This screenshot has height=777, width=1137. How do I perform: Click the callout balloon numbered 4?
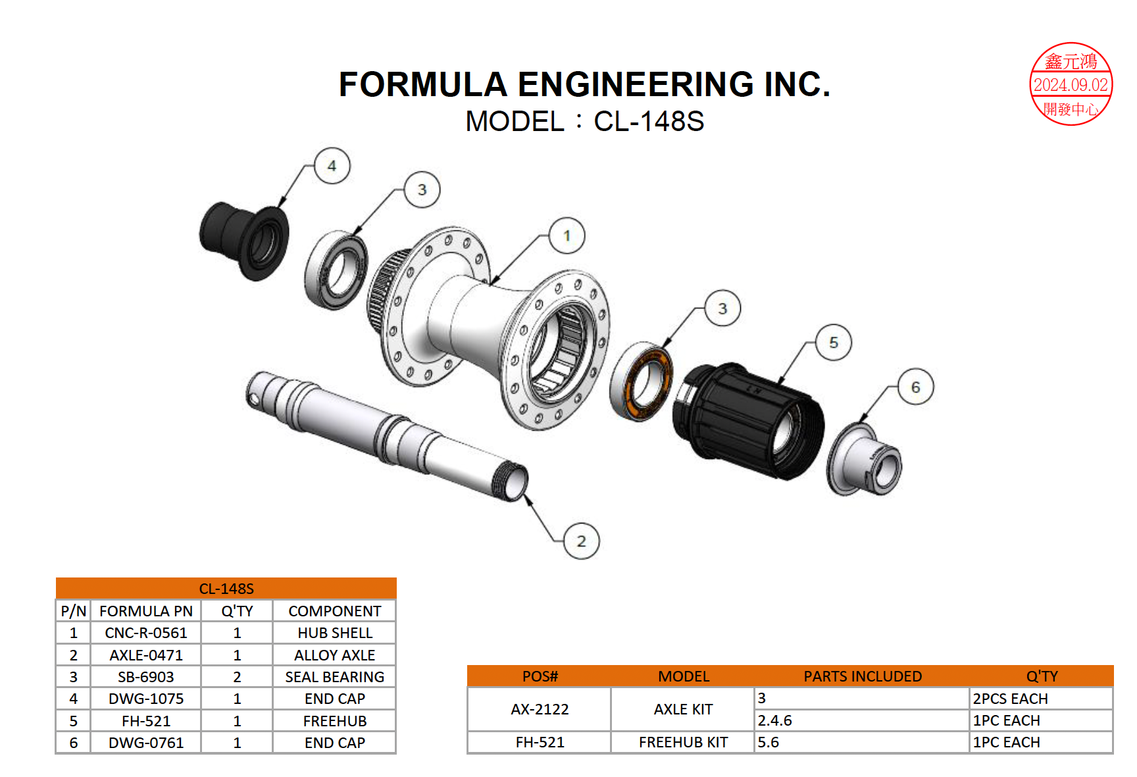(332, 166)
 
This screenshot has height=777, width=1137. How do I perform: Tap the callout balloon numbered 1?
(567, 236)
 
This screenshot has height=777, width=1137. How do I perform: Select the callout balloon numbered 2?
(582, 541)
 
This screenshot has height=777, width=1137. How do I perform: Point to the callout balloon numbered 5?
(834, 342)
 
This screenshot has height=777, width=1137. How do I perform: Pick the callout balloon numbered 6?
(915, 387)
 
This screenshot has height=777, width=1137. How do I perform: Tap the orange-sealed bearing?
(642, 381)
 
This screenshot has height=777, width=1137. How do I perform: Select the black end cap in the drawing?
(244, 240)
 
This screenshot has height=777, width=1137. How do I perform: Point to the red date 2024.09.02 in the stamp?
(1071, 85)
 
